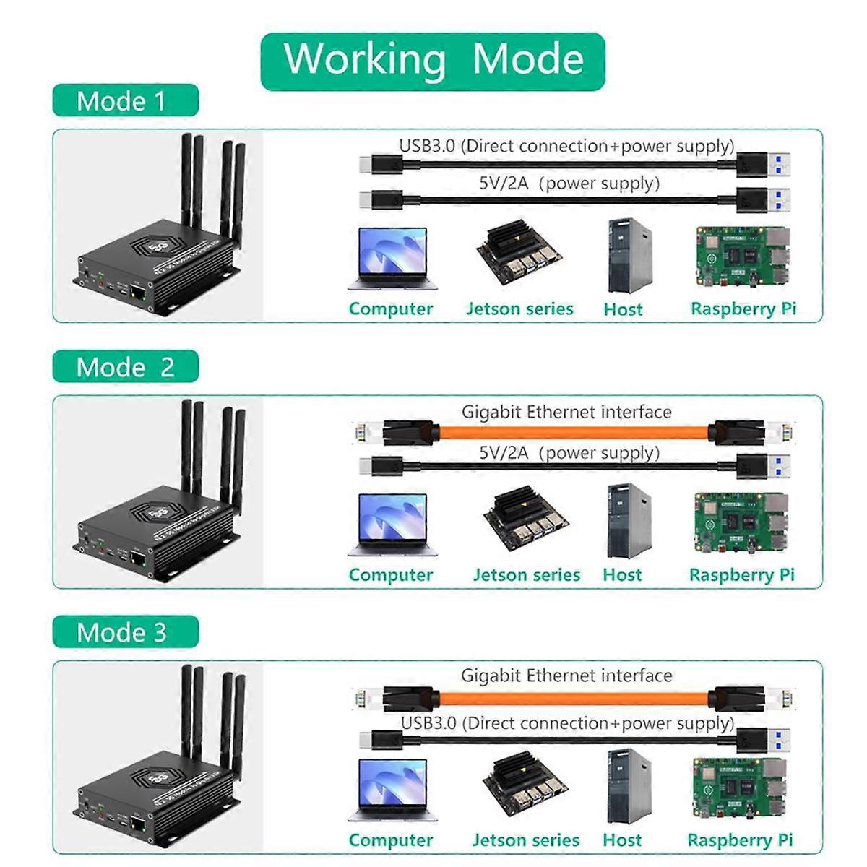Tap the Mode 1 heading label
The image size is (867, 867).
coord(124,100)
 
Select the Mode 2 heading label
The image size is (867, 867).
coord(124,367)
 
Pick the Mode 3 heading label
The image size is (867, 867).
coord(124,633)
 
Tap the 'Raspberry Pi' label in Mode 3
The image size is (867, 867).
coord(740,840)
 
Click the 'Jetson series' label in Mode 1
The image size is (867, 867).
coord(519,309)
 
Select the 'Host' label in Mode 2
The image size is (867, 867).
coord(622,575)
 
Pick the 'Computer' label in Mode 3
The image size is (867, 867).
coord(390,840)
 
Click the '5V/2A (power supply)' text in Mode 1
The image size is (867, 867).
coord(569,183)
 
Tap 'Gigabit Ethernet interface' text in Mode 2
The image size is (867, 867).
coord(566,413)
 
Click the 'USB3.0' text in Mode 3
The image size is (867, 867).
coord(428,723)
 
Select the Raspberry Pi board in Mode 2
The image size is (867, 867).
coord(741,524)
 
